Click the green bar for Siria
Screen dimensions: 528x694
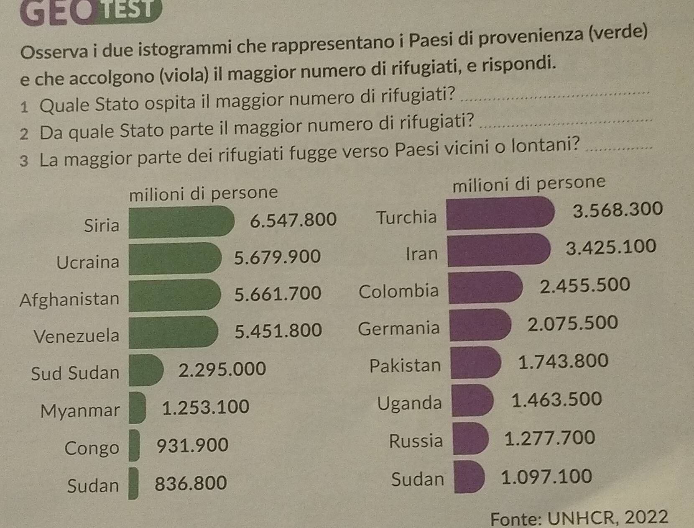click(x=181, y=222)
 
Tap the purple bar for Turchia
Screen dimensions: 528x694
click(x=500, y=213)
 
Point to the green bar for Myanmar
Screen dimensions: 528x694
click(x=137, y=408)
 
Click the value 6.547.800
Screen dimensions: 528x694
click(x=293, y=220)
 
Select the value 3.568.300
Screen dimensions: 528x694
click(x=617, y=209)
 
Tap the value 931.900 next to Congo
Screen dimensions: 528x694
click(x=192, y=445)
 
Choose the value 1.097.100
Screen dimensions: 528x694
click(x=546, y=477)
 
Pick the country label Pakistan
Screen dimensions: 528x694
click(x=405, y=366)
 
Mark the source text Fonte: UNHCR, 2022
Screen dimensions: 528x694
click(x=579, y=518)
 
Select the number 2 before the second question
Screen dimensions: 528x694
click(x=24, y=134)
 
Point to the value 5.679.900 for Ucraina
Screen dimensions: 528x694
click(x=277, y=257)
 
